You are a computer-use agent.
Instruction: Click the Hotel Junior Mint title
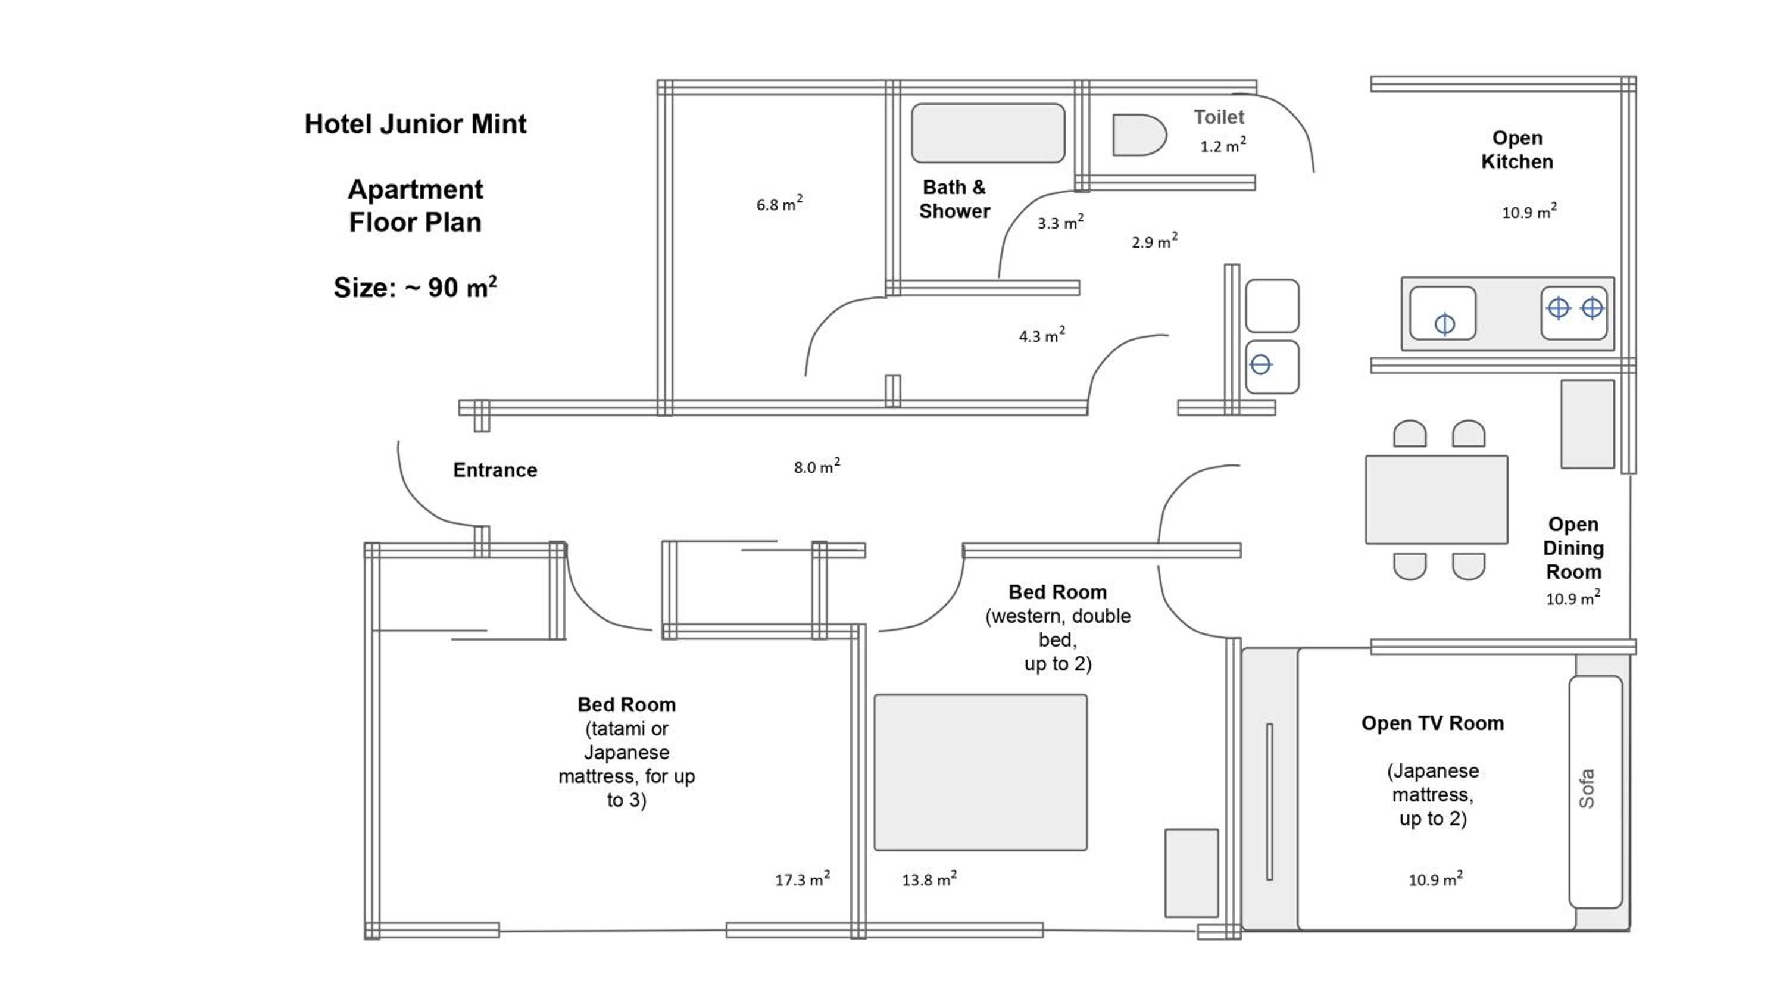coord(416,124)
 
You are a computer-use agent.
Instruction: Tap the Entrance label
coord(495,470)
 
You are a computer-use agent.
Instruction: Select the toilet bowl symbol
coord(1138,135)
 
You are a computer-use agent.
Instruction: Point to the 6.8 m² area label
coord(779,204)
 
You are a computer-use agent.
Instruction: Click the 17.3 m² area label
coord(802,879)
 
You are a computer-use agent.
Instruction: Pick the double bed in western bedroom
coord(981,772)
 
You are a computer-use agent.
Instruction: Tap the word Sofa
coord(1587,789)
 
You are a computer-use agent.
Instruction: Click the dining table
coord(1437,500)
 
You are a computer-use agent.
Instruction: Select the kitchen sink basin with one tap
coord(1443,314)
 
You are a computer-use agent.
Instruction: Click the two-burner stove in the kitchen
coord(1574,313)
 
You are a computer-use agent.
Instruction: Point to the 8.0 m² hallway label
coord(817,467)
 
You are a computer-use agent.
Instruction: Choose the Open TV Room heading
coord(1432,723)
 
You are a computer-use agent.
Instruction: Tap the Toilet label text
coord(1218,117)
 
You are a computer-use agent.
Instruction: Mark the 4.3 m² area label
coord(1041,336)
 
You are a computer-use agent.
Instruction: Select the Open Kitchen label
coord(1517,150)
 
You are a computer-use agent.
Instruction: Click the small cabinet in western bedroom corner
coord(1191,872)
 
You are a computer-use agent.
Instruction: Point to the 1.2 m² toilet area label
coord(1223,146)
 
